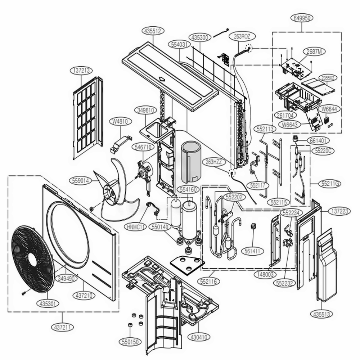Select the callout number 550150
coord(131,342)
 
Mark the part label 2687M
coord(314,51)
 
